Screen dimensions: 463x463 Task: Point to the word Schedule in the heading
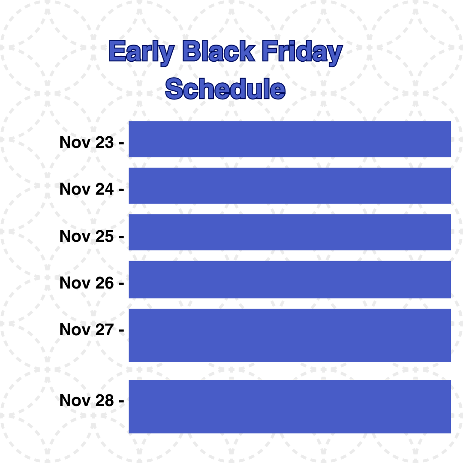225,88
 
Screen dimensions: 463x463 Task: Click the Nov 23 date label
92,142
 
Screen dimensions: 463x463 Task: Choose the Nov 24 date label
92,189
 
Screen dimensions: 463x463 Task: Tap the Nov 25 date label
92,236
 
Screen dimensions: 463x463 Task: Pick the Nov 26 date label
92,283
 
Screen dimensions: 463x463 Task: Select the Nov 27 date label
92,329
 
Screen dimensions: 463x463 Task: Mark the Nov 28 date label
92,400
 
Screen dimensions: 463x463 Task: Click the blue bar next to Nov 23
290,139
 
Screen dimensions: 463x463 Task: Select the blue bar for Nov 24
290,186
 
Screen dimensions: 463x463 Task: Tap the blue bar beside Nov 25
290,232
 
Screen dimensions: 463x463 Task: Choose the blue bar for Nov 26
290,280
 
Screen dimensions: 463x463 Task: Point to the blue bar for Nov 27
290,335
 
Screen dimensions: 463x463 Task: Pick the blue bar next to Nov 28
290,406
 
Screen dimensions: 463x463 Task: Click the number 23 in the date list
104,142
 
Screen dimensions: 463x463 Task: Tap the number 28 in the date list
104,400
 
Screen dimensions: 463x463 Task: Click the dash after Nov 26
121,284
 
